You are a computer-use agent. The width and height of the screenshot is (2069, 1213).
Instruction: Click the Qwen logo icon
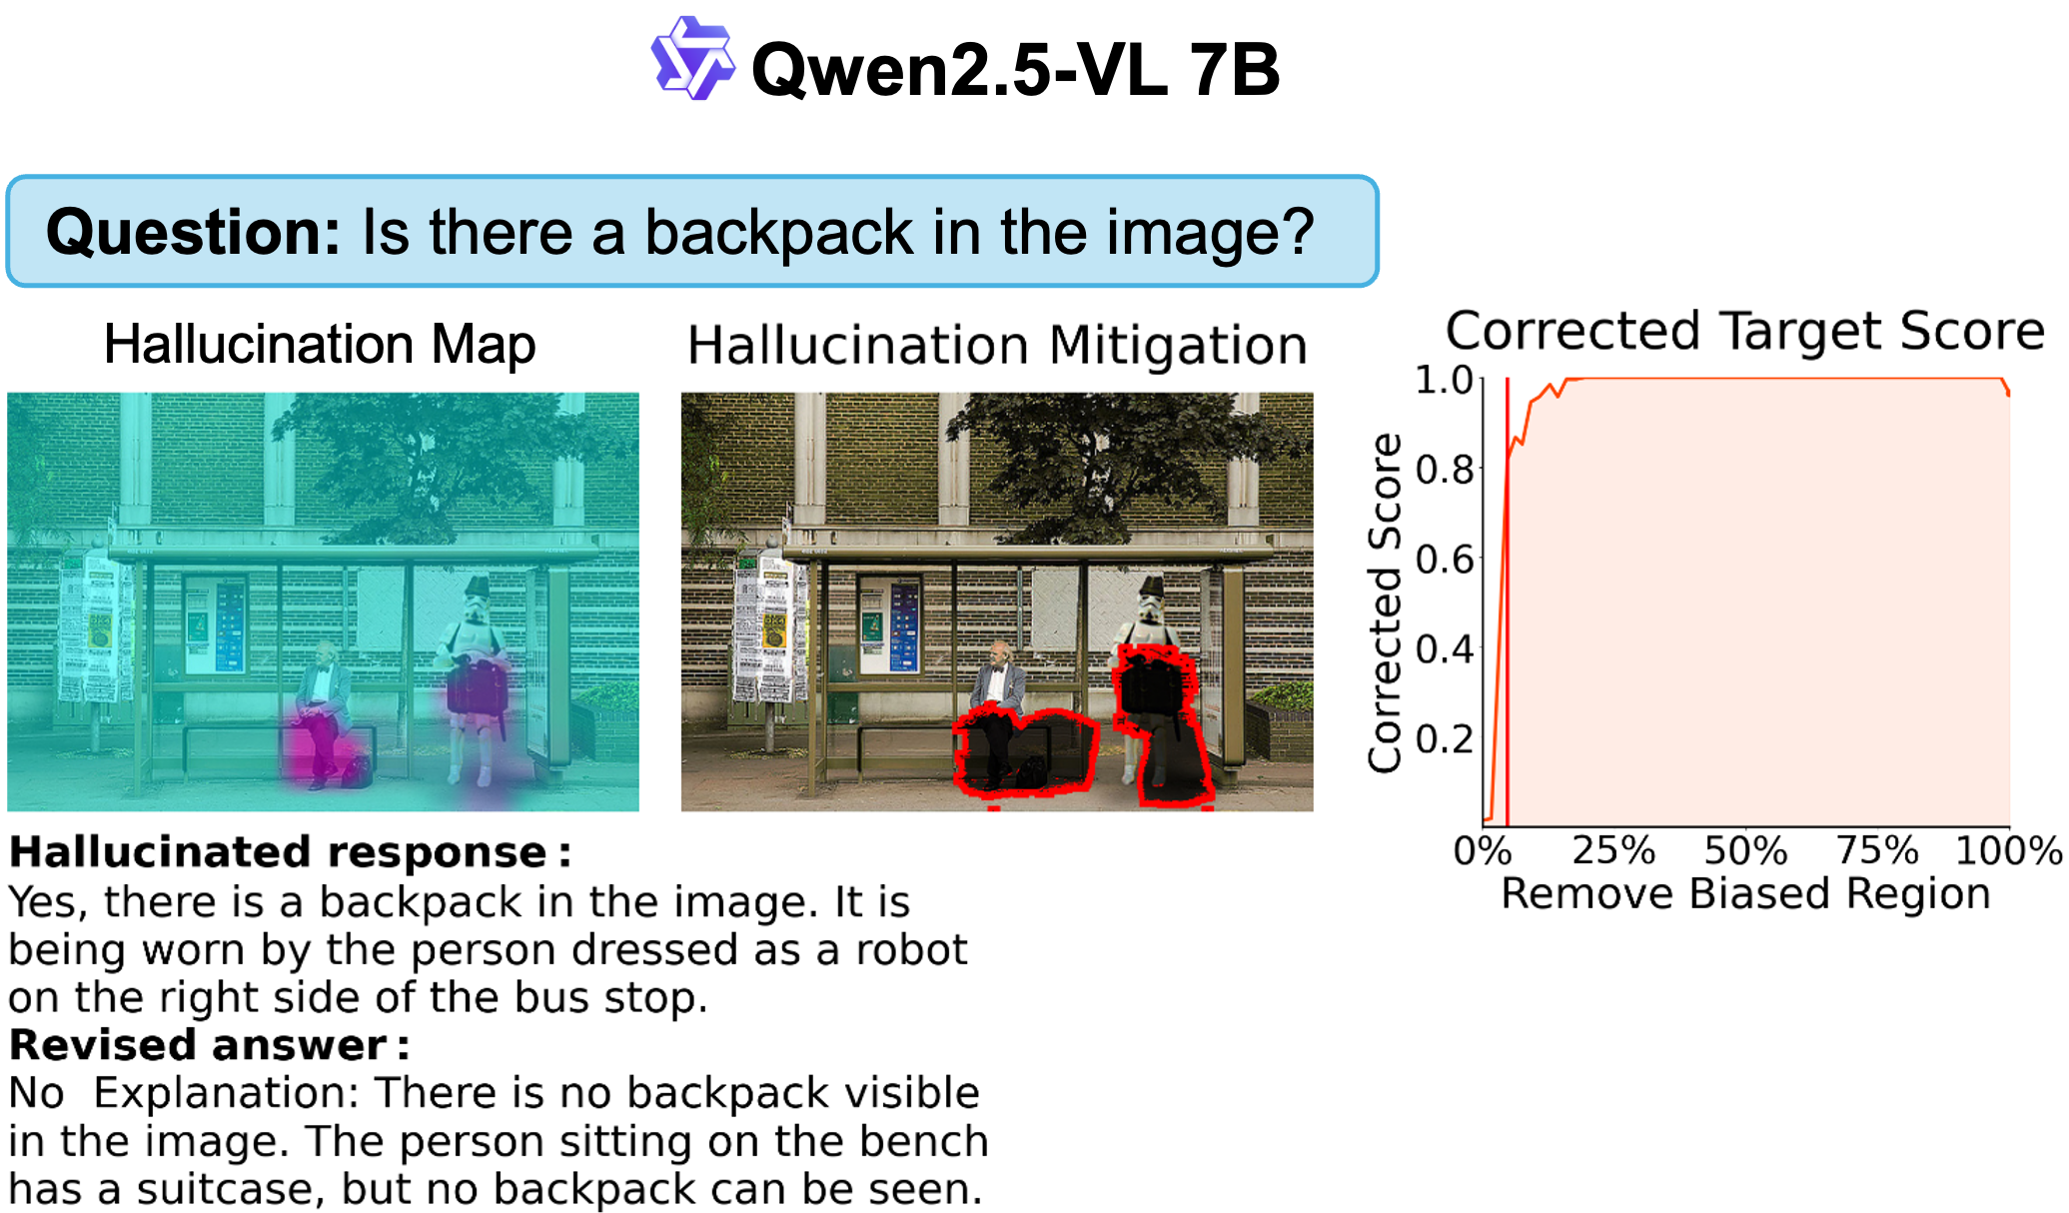pyautogui.click(x=692, y=58)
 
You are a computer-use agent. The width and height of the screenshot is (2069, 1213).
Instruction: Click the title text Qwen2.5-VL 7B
pyautogui.click(x=1015, y=69)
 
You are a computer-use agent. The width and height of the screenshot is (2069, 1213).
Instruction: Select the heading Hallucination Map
pyautogui.click(x=320, y=344)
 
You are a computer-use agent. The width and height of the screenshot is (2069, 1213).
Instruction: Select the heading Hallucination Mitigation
pyautogui.click(x=997, y=346)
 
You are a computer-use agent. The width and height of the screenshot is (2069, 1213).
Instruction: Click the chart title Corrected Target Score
pyautogui.click(x=1744, y=330)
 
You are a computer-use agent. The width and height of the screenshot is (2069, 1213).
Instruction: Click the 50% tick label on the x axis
pyautogui.click(x=1745, y=850)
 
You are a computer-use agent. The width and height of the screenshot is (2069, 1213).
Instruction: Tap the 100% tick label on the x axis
pyautogui.click(x=2008, y=850)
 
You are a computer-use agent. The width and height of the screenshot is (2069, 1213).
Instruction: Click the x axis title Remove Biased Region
pyautogui.click(x=1745, y=893)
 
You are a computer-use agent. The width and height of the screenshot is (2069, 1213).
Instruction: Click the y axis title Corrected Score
pyautogui.click(x=1385, y=603)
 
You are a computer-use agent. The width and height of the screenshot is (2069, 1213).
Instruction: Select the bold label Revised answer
pyautogui.click(x=209, y=1045)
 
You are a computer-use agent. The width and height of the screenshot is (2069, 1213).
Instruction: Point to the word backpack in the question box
pyautogui.click(x=779, y=232)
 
